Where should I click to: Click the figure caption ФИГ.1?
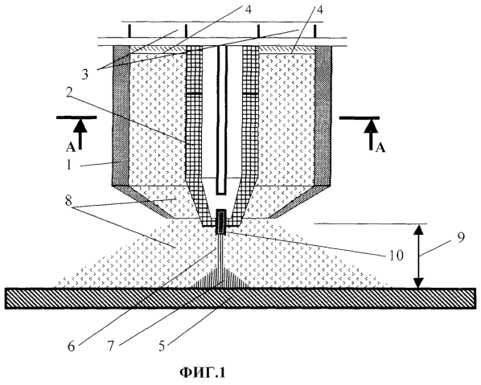(203, 372)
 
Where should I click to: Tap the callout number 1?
(68, 165)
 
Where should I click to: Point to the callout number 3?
(85, 75)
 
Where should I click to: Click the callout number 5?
(162, 346)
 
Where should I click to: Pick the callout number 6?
(71, 346)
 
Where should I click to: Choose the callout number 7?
(111, 346)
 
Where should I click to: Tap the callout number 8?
(68, 201)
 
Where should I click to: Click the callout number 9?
(461, 237)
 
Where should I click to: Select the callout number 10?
(396, 256)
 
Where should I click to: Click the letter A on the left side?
(71, 148)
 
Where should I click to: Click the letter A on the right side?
(380, 149)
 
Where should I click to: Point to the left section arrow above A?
(80, 134)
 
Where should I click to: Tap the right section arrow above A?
(371, 134)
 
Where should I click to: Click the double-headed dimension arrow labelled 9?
(419, 256)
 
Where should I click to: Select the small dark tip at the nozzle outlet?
(221, 222)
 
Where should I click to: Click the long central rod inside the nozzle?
(222, 120)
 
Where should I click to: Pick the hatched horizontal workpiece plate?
(240, 298)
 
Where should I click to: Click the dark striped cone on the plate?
(221, 277)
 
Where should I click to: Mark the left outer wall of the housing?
(121, 116)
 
